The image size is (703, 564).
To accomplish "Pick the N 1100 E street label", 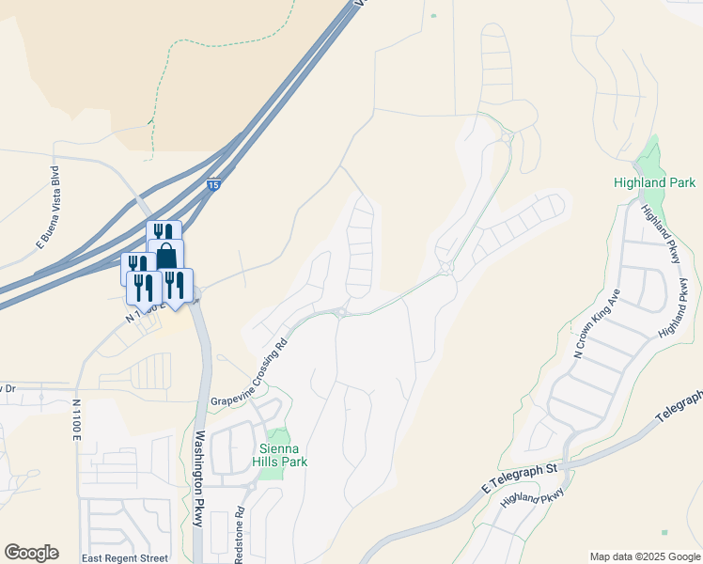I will point(76,420).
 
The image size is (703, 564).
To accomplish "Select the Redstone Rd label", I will point(239,537).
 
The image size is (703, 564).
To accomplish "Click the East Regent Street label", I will point(124,558).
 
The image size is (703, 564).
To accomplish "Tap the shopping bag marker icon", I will point(165,255).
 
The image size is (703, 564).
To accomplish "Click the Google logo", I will point(31,553).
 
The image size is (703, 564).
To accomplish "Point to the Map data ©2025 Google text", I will point(645,556).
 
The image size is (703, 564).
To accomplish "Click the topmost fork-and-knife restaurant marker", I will point(163,233).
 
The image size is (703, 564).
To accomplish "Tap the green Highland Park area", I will point(649,156).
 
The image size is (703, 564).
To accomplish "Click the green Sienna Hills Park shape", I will point(276,442).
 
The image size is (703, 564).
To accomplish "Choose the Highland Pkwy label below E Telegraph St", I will point(533,498).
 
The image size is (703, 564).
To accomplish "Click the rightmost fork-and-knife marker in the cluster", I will point(176,283).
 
